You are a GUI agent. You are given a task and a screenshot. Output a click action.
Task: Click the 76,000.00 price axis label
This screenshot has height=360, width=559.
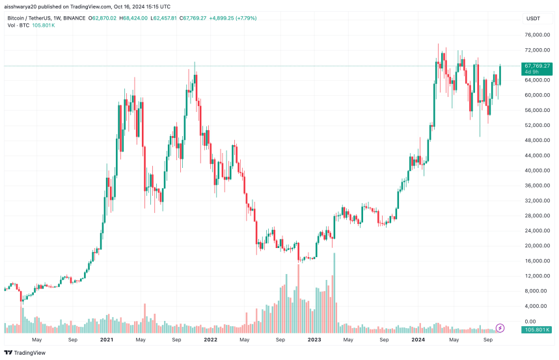(x=534, y=35)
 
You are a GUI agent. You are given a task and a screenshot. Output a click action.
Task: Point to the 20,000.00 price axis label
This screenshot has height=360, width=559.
(x=534, y=246)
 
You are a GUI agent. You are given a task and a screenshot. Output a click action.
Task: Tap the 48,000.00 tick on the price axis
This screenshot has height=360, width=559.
(x=534, y=141)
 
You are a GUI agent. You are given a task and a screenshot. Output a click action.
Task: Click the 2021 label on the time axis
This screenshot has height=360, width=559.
(x=107, y=339)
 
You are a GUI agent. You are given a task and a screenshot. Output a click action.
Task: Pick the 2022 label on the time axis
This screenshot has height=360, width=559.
(x=210, y=339)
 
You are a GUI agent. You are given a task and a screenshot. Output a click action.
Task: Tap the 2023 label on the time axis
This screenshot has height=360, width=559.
(x=314, y=339)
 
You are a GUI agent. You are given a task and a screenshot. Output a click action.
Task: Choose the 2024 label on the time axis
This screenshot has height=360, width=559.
(x=418, y=339)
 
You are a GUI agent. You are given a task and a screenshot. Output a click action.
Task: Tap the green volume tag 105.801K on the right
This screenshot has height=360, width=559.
(x=537, y=330)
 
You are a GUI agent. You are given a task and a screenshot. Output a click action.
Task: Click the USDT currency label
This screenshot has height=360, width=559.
(x=532, y=19)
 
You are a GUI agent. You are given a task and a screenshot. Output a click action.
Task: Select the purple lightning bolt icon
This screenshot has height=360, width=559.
(x=500, y=327)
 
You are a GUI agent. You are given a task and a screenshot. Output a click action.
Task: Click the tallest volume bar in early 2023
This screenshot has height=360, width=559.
(x=335, y=286)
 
